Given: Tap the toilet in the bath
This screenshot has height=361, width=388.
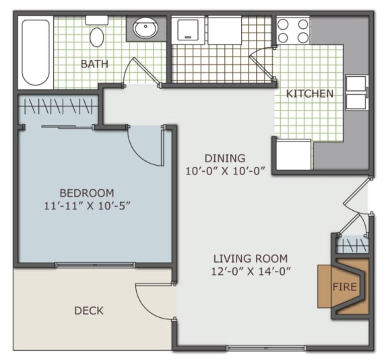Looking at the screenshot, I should tap(97, 34).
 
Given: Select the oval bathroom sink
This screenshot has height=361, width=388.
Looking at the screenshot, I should tap(145, 28).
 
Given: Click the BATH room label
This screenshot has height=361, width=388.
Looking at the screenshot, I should tap(95, 64).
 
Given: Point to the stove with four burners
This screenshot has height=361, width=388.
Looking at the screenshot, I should tap(293, 30).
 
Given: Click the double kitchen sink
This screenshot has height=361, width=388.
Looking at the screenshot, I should tap(356, 93).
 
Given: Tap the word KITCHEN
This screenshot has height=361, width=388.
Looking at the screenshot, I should tap(310, 94).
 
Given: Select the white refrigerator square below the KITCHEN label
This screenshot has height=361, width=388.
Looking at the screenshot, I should tap(294, 155).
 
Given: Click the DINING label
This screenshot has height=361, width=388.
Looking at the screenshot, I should tap(226, 158).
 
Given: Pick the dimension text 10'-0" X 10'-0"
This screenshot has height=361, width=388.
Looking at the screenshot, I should tap(226, 171).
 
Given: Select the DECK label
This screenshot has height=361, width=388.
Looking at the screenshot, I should tap(89, 310).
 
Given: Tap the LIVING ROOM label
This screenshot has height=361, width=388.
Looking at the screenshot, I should tap(251, 259).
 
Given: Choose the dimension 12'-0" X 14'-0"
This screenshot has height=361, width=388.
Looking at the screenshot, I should tap(251, 271).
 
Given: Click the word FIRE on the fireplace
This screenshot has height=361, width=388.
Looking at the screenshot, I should tap(344, 286).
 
